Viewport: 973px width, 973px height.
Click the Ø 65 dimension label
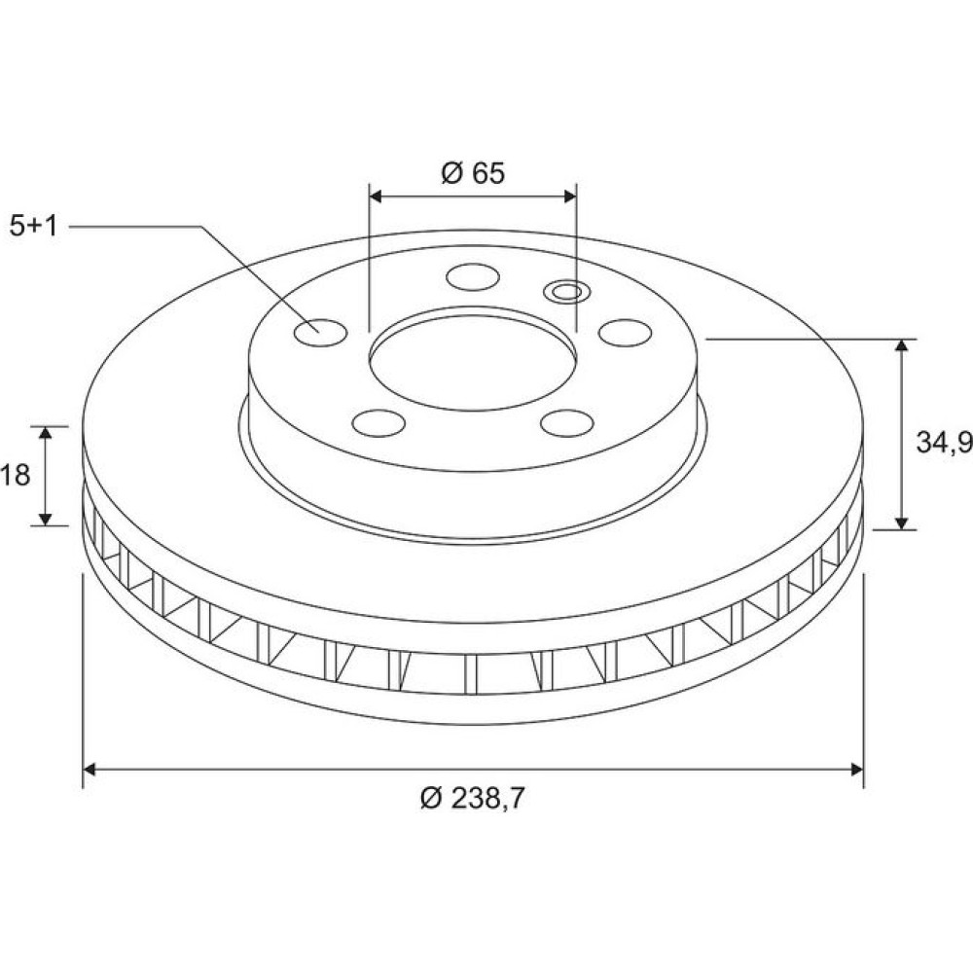473,173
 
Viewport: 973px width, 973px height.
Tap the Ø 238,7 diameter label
472,798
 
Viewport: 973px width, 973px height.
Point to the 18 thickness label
16,476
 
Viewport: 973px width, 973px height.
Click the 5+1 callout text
33,226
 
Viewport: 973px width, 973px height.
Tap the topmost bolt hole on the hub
473,276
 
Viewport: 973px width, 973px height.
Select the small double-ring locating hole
566,291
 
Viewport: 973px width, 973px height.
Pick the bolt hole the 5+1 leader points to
320,333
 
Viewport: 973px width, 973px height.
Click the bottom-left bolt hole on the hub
378,422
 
